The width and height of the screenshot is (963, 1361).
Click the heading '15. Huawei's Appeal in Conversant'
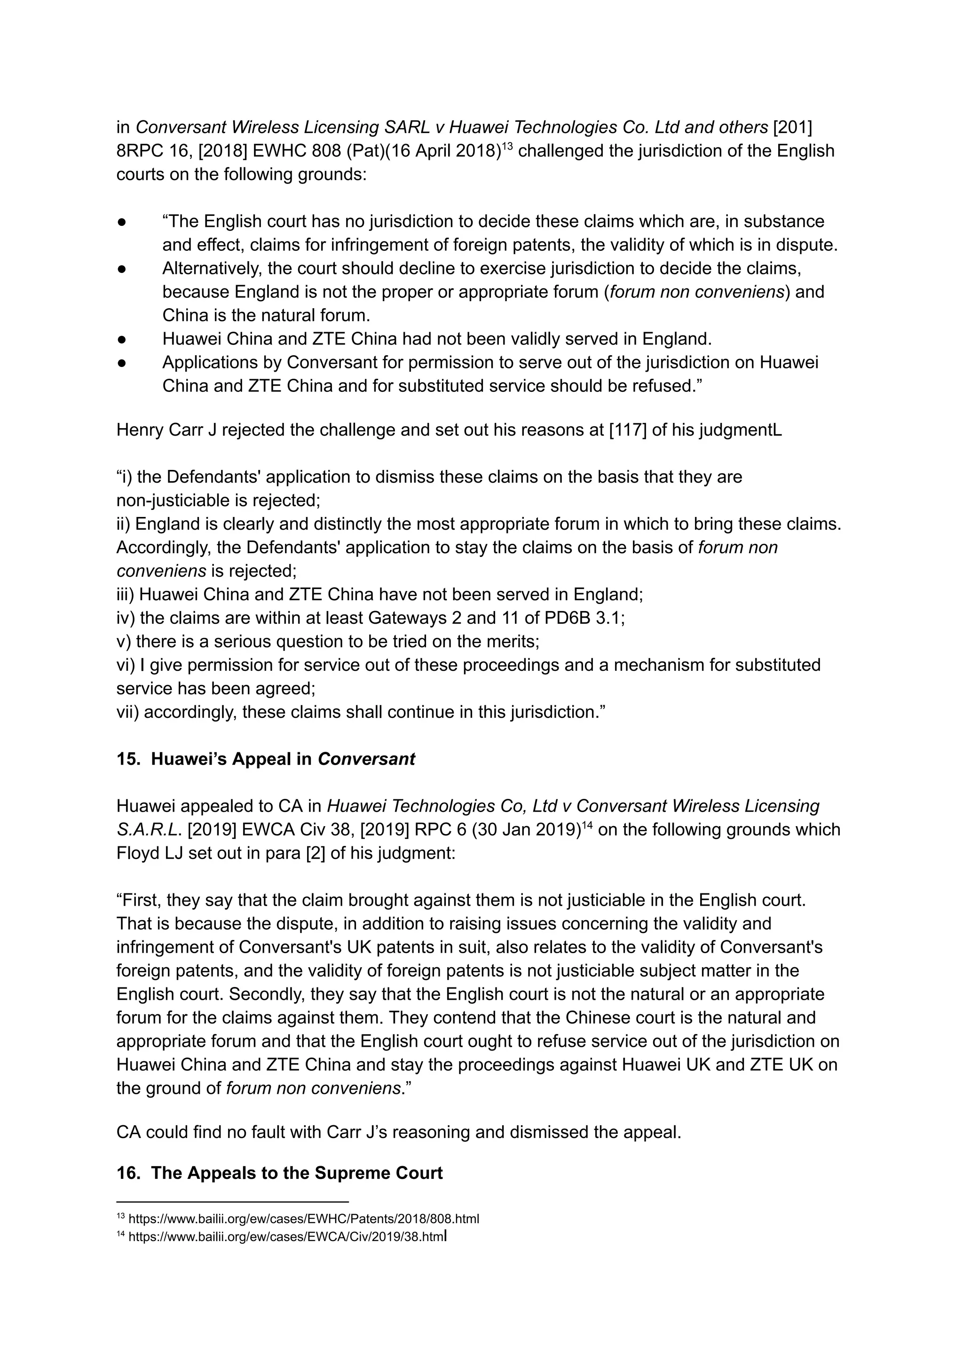pos(266,759)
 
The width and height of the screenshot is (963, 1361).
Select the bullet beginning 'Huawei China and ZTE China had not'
pos(436,339)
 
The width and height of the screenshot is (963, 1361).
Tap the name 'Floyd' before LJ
pos(138,853)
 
